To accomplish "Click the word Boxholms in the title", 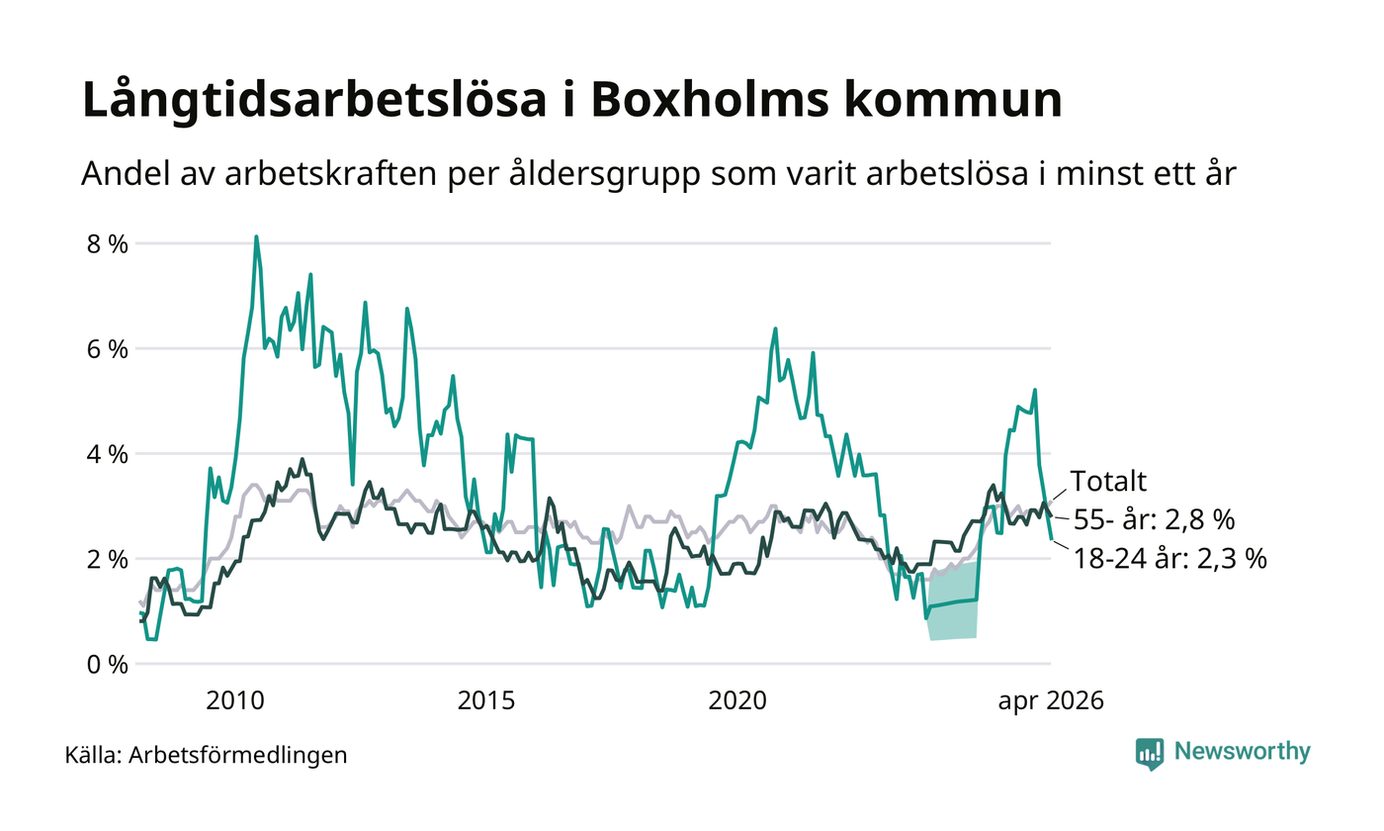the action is (710, 99).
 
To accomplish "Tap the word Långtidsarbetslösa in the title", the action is (314, 100).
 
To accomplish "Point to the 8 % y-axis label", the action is (108, 245).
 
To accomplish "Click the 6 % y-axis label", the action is (108, 350).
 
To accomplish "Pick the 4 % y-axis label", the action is (108, 455).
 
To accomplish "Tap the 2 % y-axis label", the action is (108, 560).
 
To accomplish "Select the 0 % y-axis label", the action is (108, 665).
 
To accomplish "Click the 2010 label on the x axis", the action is (235, 701).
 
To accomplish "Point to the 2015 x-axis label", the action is (485, 701).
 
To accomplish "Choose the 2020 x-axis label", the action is (737, 701).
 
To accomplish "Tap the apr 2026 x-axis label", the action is (1050, 701).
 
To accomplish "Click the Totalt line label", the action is (1108, 481).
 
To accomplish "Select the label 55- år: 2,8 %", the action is (1155, 520).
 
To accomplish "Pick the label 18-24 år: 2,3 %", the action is (1170, 559).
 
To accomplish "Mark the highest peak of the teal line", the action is (256, 236).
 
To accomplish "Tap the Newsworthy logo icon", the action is (1149, 754).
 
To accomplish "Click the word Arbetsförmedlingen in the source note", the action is (238, 756).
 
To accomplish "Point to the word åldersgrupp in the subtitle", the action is (604, 175).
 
